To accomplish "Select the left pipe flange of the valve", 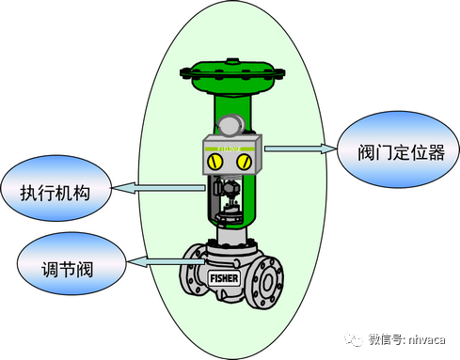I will [x=192, y=274].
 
